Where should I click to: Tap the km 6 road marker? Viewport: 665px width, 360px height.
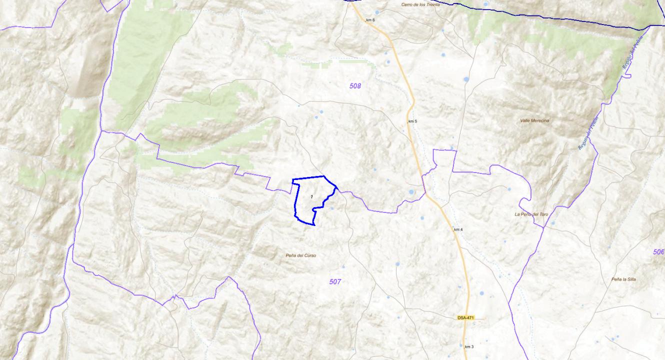point(370,20)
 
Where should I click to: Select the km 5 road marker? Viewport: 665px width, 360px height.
point(412,121)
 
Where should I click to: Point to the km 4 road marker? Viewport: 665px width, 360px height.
point(458,229)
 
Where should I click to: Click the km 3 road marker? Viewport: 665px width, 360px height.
point(469,346)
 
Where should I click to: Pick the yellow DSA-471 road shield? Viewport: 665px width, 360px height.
point(465,318)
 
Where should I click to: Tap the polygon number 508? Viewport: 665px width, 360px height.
point(355,86)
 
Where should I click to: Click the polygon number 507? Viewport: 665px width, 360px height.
point(335,282)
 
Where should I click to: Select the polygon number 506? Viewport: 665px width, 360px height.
point(658,252)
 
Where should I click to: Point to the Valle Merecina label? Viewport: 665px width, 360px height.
point(534,120)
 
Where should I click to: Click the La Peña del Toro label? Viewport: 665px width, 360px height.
point(531,214)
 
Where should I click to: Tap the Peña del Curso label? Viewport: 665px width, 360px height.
point(300,255)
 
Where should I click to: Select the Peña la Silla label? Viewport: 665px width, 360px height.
point(623,279)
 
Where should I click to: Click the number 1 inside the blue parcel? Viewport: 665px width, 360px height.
point(311,197)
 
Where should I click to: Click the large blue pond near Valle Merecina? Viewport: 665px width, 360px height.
point(466,79)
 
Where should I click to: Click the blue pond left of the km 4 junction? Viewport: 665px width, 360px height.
point(411,191)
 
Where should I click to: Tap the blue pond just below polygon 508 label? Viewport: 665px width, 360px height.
point(321,111)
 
